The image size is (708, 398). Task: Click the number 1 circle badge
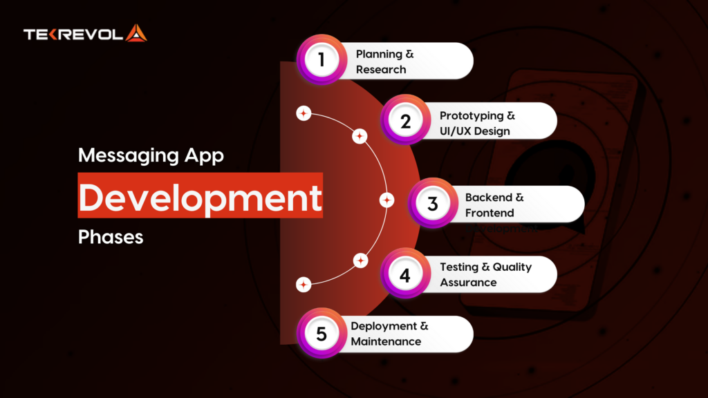(x=321, y=59)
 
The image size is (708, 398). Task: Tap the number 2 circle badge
(x=405, y=120)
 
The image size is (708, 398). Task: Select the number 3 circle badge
(x=432, y=204)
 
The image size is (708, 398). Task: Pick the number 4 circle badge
(x=405, y=274)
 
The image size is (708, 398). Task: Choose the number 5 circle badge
(x=321, y=334)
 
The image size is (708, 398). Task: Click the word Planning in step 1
(x=378, y=54)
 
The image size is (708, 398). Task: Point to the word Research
(x=381, y=69)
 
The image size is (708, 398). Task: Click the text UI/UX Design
(x=475, y=131)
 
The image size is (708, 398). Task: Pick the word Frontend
(x=490, y=213)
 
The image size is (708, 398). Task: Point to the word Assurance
(x=468, y=282)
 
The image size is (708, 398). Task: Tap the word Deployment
(x=384, y=326)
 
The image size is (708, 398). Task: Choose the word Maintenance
(x=386, y=341)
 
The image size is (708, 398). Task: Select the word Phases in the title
(x=111, y=237)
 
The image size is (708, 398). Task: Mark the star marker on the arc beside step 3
(x=387, y=200)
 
